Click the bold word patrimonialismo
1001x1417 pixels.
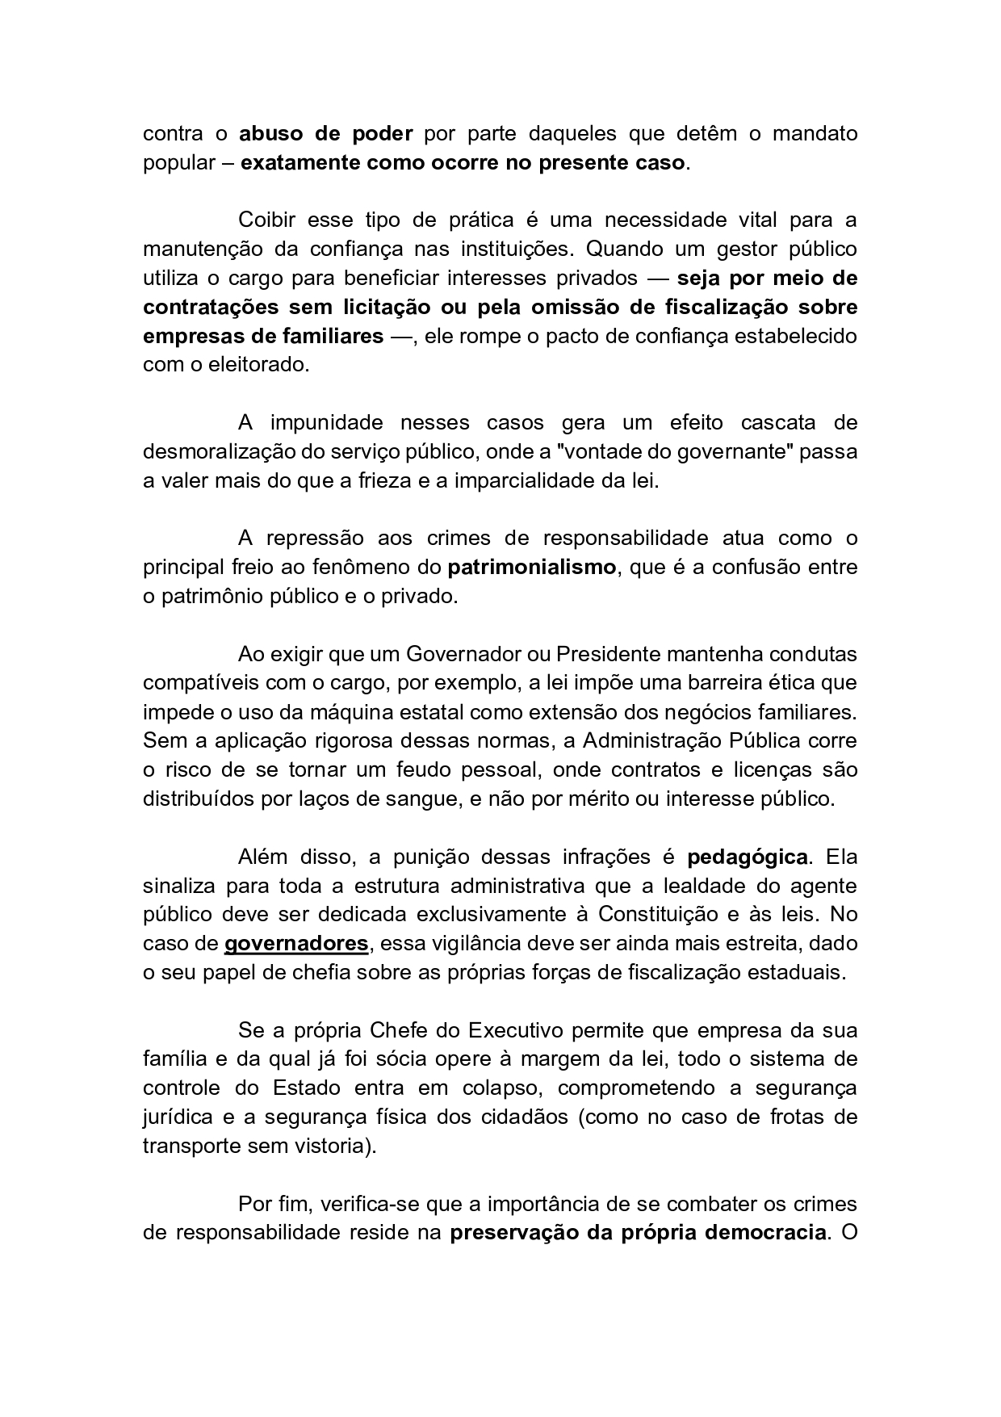coord(531,567)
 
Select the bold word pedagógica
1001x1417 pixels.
coord(747,857)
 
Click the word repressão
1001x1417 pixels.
coord(314,538)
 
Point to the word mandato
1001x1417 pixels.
coord(815,133)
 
